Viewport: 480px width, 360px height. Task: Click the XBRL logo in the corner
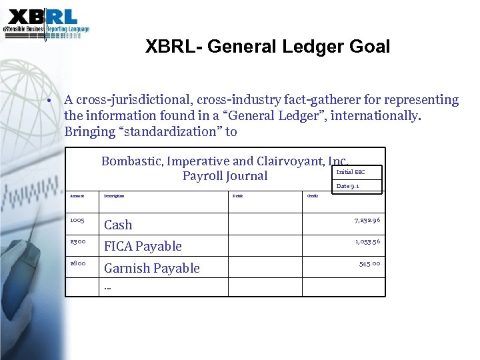click(45, 21)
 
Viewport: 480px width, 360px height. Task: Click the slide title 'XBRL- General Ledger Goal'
click(267, 47)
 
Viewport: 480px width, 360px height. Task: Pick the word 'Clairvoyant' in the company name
click(285, 161)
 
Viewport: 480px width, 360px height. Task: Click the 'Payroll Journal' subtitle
click(225, 176)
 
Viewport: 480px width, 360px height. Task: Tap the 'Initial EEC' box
click(351, 172)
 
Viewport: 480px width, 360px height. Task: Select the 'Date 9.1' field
click(348, 187)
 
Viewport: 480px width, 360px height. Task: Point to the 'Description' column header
click(115, 196)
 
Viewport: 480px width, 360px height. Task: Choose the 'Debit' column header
click(237, 196)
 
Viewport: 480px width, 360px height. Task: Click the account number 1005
click(78, 219)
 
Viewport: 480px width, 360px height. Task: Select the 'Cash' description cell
click(118, 225)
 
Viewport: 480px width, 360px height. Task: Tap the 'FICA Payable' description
click(143, 247)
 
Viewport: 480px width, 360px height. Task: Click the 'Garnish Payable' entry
click(151, 268)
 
